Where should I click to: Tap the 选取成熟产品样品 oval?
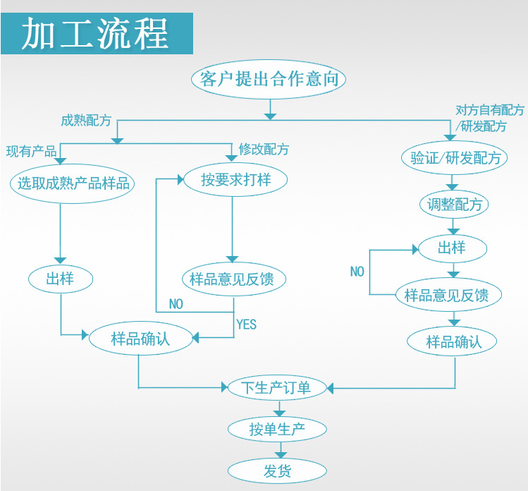[73, 183]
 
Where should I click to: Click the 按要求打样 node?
[235, 179]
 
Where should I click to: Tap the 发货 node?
[277, 471]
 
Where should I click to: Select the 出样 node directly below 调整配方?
[452, 248]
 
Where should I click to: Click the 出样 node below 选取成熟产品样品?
[60, 279]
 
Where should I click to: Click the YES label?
[246, 325]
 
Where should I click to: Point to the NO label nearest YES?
[176, 305]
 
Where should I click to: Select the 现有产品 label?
[31, 151]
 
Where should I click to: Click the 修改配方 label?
[264, 149]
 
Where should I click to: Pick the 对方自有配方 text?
[489, 110]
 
